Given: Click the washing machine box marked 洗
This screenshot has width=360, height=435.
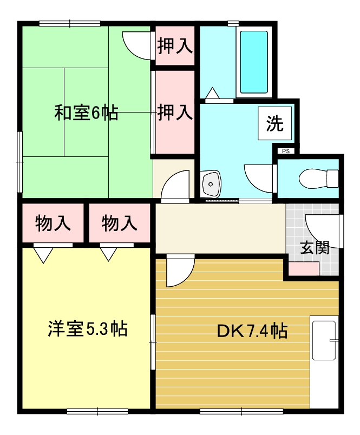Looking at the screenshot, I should (275, 124).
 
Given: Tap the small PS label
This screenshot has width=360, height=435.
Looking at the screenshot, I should (285, 151).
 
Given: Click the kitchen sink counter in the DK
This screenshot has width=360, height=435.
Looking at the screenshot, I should (324, 340).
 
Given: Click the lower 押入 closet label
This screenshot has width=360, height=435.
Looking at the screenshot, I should (175, 113).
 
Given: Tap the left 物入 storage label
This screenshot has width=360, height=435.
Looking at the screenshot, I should (53, 223).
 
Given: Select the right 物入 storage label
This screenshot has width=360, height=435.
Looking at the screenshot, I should (119, 223).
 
